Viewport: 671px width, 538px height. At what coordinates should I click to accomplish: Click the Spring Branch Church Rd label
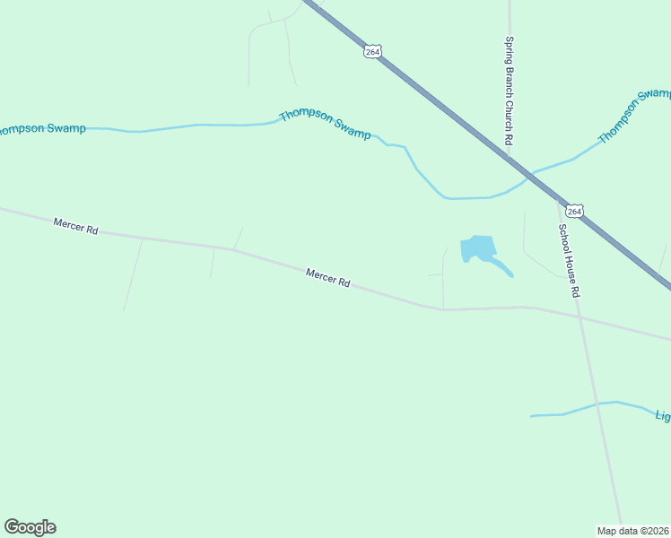pyautogui.click(x=508, y=91)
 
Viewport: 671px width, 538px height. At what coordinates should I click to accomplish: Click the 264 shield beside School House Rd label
pyautogui.click(x=575, y=211)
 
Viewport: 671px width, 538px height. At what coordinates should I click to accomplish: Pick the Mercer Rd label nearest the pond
pyautogui.click(x=327, y=278)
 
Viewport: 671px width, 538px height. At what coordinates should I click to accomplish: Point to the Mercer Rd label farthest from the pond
pyautogui.click(x=75, y=226)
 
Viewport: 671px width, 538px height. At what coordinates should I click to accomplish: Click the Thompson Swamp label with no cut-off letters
pyautogui.click(x=325, y=124)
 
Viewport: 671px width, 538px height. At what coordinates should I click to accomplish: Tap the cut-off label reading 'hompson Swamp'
pyautogui.click(x=42, y=128)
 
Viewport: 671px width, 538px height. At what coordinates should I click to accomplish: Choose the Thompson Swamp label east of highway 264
pyautogui.click(x=634, y=115)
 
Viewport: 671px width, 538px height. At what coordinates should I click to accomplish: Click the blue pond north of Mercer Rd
pyautogui.click(x=476, y=247)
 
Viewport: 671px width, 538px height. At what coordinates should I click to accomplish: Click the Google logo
pyautogui.click(x=30, y=527)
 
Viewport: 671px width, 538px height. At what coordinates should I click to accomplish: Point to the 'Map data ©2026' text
pyautogui.click(x=633, y=530)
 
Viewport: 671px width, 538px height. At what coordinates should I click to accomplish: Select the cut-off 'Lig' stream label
pyautogui.click(x=662, y=416)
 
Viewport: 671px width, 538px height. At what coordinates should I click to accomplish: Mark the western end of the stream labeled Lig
pyautogui.click(x=532, y=416)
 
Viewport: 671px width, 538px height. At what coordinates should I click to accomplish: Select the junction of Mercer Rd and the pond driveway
pyautogui.click(x=443, y=309)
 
